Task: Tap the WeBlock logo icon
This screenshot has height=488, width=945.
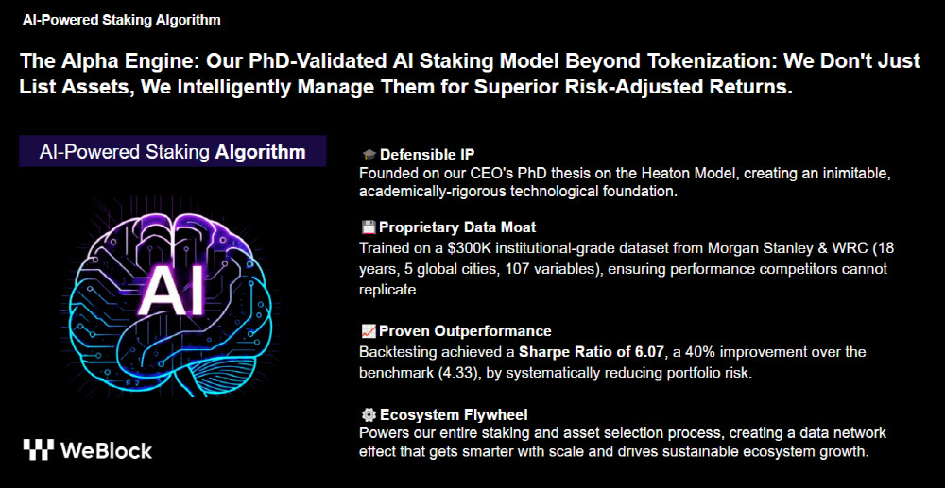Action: click(x=39, y=449)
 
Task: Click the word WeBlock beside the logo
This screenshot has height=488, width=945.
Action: click(x=107, y=450)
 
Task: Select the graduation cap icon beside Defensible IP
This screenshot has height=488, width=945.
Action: click(x=369, y=154)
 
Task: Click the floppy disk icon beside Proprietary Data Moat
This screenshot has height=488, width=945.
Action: click(x=369, y=227)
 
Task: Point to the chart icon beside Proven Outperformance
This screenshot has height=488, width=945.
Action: click(x=369, y=331)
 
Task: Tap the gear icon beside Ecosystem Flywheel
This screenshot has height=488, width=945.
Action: click(x=369, y=414)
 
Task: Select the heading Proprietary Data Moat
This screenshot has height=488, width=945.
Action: click(x=457, y=227)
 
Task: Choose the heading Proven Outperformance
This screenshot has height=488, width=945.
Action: click(x=465, y=331)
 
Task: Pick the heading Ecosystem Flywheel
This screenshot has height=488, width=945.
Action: click(x=455, y=414)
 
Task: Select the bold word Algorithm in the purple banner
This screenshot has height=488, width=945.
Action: click(x=261, y=152)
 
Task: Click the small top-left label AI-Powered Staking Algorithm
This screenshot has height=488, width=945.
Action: click(x=122, y=20)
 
